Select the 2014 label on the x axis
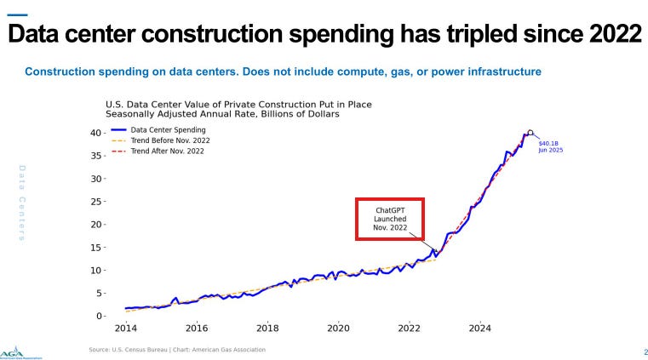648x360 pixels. pyautogui.click(x=126, y=328)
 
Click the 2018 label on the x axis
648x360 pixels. pyautogui.click(x=267, y=328)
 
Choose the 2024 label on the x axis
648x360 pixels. pyautogui.click(x=480, y=328)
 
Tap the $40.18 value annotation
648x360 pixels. pyautogui.click(x=549, y=144)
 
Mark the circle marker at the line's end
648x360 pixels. pyautogui.click(x=530, y=133)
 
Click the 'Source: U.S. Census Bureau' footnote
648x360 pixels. pyautogui.click(x=177, y=350)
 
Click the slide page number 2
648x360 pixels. pyautogui.click(x=634, y=351)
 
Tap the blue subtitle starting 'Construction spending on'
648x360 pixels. pyautogui.click(x=283, y=72)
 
